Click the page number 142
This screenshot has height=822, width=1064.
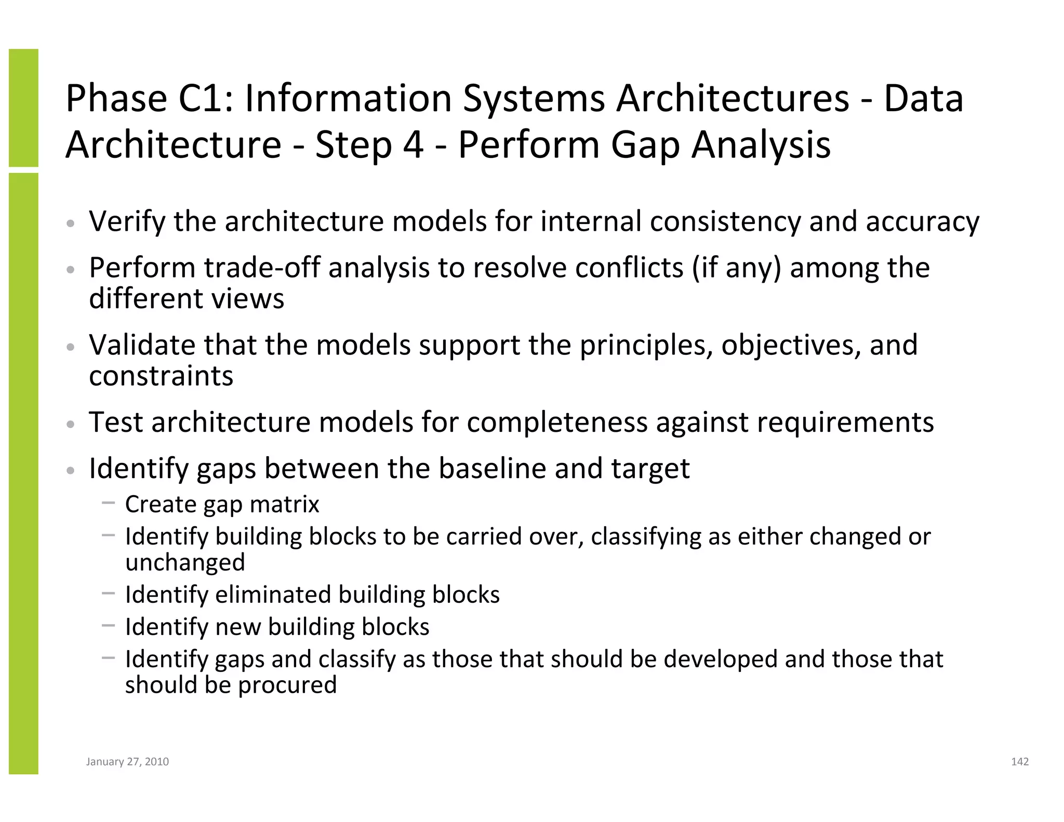(x=1019, y=761)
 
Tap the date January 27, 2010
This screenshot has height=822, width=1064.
(x=127, y=761)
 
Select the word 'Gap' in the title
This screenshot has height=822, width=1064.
(x=645, y=145)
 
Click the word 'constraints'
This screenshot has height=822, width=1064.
(x=161, y=376)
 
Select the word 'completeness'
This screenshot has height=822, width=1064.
(x=557, y=422)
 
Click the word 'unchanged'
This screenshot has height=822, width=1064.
(x=185, y=562)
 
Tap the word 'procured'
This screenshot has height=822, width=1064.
(x=287, y=685)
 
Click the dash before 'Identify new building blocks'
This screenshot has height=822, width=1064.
(x=108, y=625)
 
